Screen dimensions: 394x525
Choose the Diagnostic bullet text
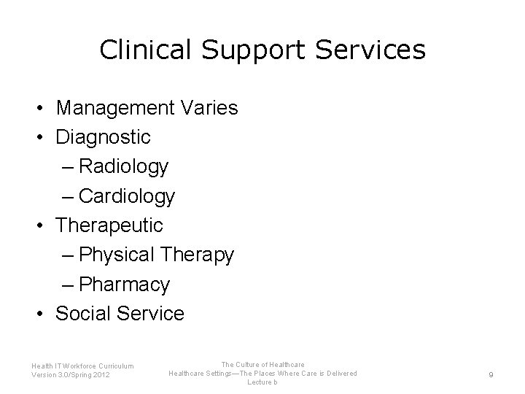click(103, 137)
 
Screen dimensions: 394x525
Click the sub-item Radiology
click(124, 166)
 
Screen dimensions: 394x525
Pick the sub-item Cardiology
click(127, 196)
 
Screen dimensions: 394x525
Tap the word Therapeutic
click(109, 225)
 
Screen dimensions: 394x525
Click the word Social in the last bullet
click(82, 314)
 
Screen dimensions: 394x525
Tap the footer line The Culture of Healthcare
click(262, 364)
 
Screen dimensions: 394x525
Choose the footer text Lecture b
click(262, 382)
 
